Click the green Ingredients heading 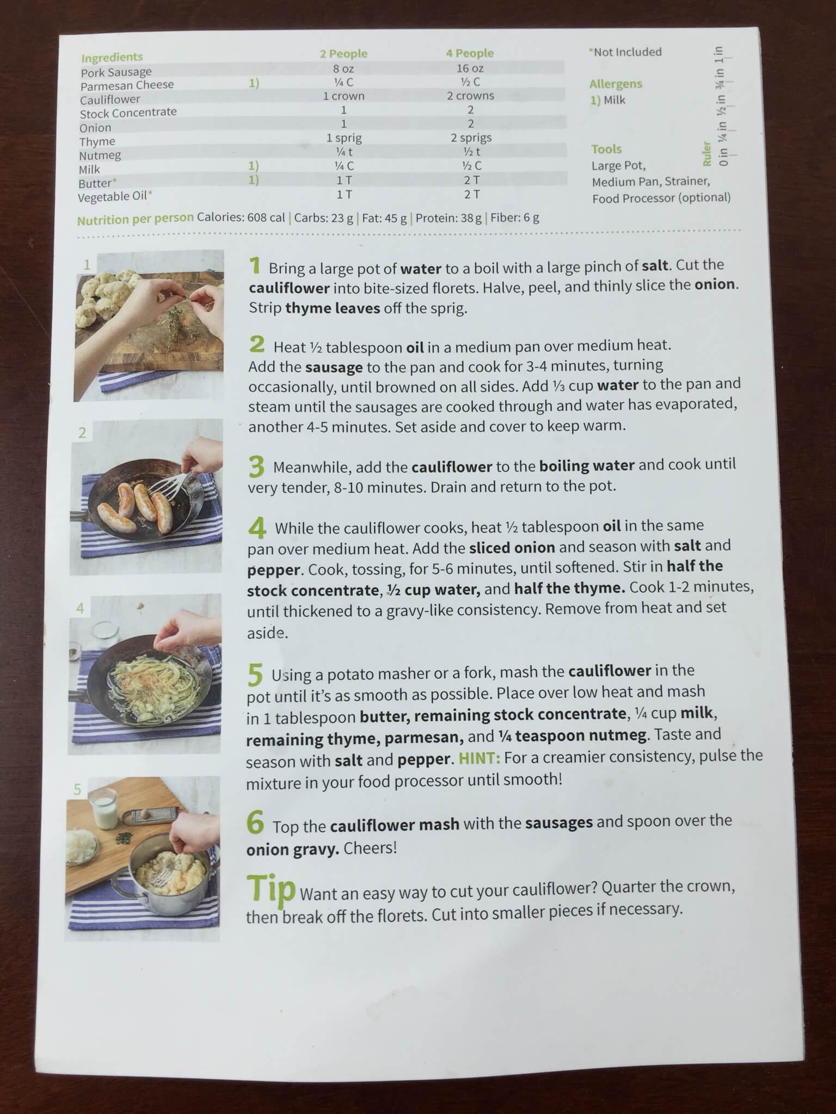click(x=112, y=57)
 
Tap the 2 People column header click(x=343, y=54)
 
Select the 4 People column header click(x=470, y=53)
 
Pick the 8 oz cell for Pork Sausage click(x=343, y=69)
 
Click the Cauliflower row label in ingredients click(x=110, y=100)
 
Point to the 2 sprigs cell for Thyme click(x=471, y=138)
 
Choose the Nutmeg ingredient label click(x=100, y=156)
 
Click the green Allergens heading click(x=616, y=84)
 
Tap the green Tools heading click(x=606, y=149)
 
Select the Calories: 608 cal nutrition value click(x=241, y=218)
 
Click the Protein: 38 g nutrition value click(x=449, y=218)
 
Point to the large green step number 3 click(x=256, y=466)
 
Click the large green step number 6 click(x=255, y=822)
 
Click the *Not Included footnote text click(x=625, y=52)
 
